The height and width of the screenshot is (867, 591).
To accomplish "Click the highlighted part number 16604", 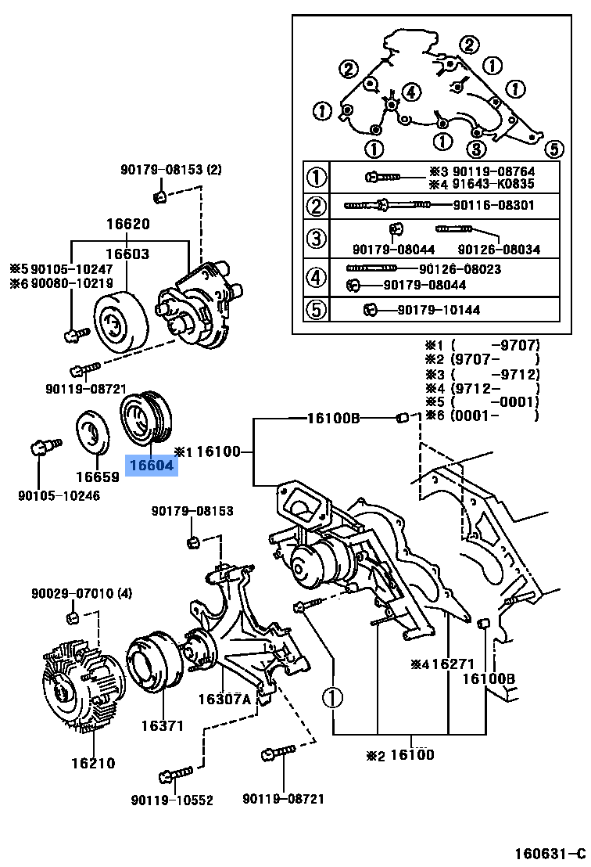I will [x=152, y=466].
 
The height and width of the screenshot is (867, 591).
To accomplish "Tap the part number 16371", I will [x=162, y=725].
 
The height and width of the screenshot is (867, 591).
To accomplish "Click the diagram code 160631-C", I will [x=549, y=852].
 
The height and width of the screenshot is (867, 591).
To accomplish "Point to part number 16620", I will [x=128, y=225].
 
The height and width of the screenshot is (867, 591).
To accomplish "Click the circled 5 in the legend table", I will [x=316, y=310].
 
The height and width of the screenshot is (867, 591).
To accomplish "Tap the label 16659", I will [x=98, y=476].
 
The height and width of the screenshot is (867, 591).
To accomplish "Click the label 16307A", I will [x=224, y=699].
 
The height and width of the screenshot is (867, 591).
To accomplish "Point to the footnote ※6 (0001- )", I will [x=482, y=416].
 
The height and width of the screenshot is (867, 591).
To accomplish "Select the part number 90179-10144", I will [x=439, y=311].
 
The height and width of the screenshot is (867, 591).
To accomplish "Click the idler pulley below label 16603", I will [x=121, y=322].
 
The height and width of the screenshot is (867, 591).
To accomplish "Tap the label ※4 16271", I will [x=442, y=664].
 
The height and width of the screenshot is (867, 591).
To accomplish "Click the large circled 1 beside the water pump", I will [x=332, y=697].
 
